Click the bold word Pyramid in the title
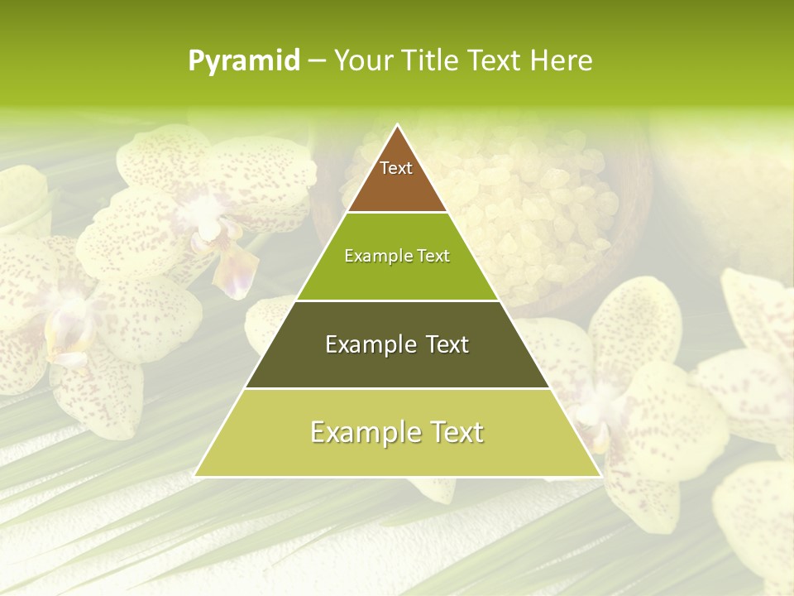coord(244,61)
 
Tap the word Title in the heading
coord(434,61)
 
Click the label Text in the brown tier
coord(396,168)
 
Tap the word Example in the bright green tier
coord(377,257)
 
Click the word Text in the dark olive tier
coord(442,344)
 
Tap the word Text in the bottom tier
coord(455,432)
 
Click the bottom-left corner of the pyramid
coord(196,475)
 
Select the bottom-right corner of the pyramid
coord(600,475)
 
